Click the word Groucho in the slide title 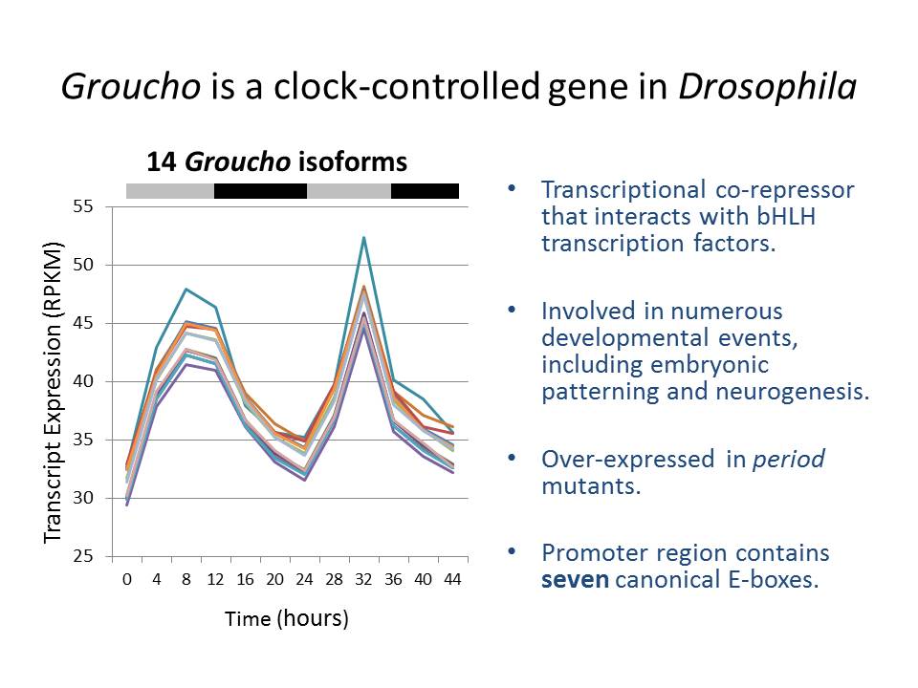[x=130, y=87]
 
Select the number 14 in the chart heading [x=162, y=161]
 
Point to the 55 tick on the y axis [x=84, y=206]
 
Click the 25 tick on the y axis [x=84, y=556]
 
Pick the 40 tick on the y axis [x=84, y=381]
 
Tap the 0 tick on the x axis [x=126, y=579]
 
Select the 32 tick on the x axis [x=364, y=579]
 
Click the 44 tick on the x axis [x=453, y=579]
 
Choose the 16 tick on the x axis [x=246, y=579]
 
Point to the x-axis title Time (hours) [x=287, y=618]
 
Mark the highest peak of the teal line [x=364, y=237]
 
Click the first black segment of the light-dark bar [x=260, y=191]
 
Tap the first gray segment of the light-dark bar [x=170, y=191]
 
